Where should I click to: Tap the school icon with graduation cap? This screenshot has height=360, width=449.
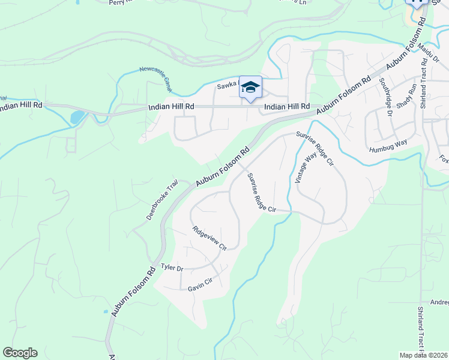click(251, 88)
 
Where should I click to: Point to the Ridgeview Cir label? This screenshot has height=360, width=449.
click(209, 238)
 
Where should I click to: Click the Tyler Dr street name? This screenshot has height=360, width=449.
click(172, 268)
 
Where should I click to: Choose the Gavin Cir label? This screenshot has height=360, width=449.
click(200, 284)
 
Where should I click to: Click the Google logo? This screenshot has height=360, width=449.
click(20, 353)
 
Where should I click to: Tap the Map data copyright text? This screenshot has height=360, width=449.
click(424, 355)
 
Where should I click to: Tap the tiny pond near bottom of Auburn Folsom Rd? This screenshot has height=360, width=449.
click(106, 312)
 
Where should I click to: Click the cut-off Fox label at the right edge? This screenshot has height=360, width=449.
click(444, 160)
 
